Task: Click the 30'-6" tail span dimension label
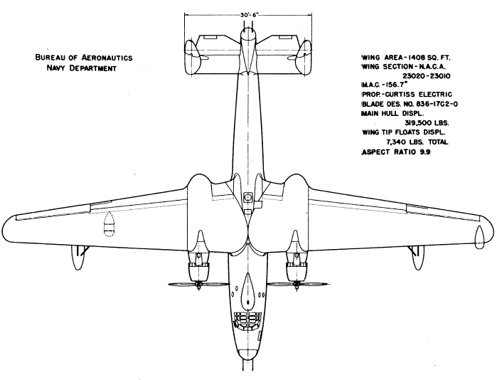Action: point(247,15)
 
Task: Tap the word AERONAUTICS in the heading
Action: point(107,58)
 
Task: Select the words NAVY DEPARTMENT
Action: point(81,68)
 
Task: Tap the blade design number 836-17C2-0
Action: point(439,104)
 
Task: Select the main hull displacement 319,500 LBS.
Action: point(427,123)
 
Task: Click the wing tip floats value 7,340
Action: point(396,142)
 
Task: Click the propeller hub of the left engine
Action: point(199,285)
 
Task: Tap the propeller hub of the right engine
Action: point(297,285)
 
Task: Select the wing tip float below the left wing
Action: point(76,258)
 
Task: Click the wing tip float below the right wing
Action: point(418,258)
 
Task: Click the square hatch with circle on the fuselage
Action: point(247,196)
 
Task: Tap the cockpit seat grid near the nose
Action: point(247,320)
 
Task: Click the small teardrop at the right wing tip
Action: point(479,237)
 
